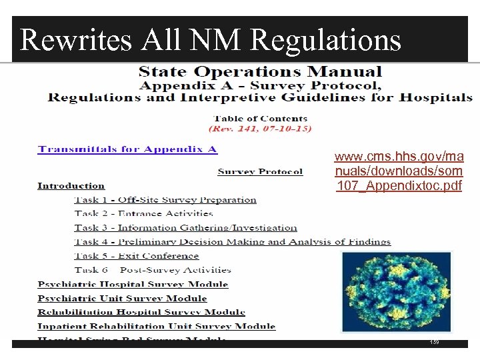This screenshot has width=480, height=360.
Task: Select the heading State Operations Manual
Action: (260, 72)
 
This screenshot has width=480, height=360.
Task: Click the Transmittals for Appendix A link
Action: (127, 149)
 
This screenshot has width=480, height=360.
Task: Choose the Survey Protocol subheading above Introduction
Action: (260, 172)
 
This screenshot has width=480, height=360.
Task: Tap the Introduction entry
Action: (71, 186)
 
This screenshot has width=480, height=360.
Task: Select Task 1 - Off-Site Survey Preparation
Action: (165, 200)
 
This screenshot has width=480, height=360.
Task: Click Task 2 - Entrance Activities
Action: (143, 214)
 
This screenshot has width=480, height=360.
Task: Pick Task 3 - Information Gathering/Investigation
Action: (185, 228)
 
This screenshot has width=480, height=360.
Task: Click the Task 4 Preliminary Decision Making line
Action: (232, 242)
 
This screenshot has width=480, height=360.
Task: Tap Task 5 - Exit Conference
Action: (137, 256)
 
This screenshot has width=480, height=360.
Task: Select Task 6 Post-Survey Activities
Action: (153, 270)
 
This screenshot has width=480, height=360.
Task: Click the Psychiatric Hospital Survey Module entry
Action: (133, 284)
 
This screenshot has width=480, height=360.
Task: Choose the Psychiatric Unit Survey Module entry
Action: (122, 298)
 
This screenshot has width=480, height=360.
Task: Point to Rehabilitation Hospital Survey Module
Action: (141, 312)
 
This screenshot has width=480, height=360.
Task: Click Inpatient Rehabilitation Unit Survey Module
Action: (157, 326)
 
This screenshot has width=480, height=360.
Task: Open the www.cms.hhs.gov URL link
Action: (399, 171)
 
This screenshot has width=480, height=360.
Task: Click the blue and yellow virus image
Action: (395, 291)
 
